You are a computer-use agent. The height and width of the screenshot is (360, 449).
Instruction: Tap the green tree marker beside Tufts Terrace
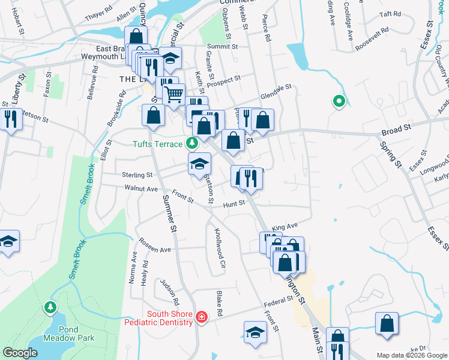point(191,143)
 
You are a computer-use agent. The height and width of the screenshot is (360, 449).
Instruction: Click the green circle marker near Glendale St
point(339,103)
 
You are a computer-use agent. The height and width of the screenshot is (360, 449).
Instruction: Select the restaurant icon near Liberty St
point(10,119)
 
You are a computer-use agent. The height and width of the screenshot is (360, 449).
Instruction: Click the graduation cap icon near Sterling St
point(200,164)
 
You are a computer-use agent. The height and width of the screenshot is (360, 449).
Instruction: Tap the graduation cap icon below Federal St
point(255,333)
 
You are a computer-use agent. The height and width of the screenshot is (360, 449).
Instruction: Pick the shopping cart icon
point(173,94)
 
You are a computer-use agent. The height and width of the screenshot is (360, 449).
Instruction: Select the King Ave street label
point(285,227)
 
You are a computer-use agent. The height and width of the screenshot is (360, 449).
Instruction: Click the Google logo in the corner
point(20,353)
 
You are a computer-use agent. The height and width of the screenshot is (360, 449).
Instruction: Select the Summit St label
point(223,46)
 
